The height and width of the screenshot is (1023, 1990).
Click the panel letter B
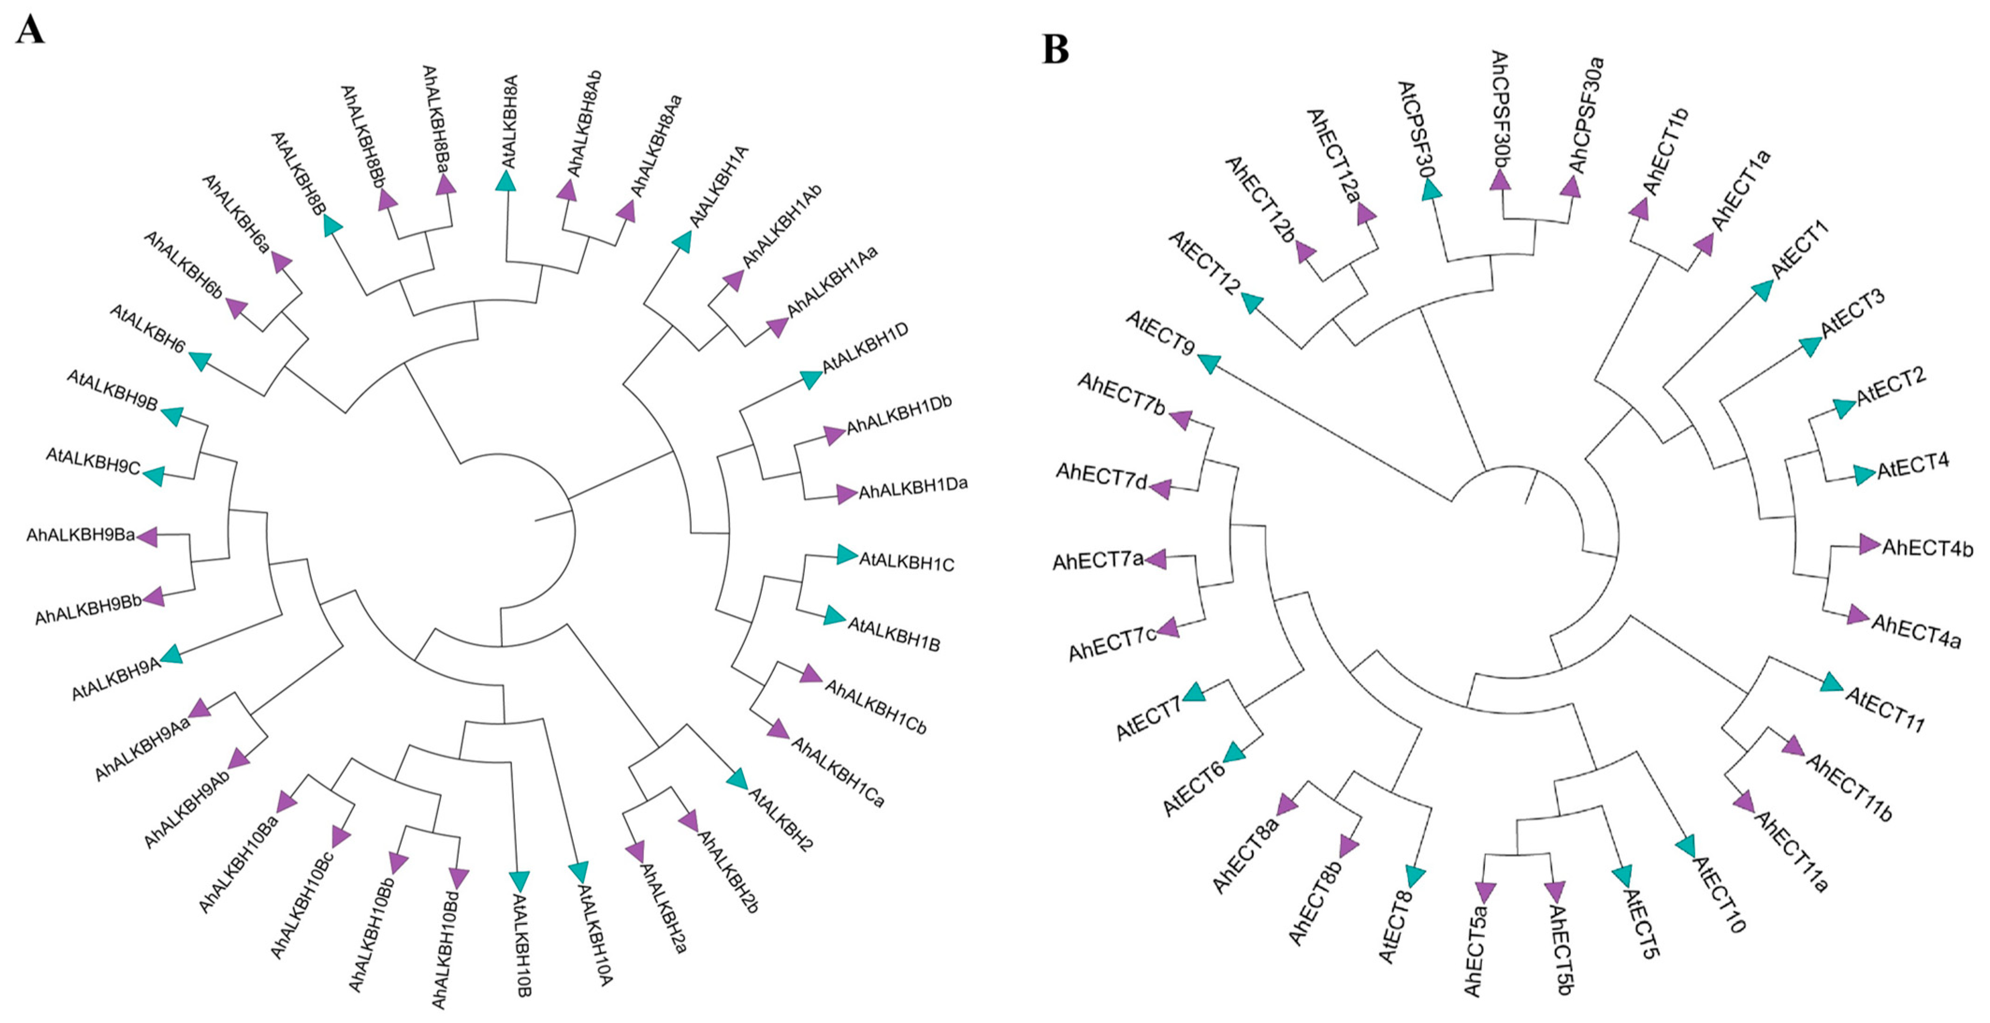click(x=1055, y=50)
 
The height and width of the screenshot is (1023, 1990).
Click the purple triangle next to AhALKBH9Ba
click(x=147, y=536)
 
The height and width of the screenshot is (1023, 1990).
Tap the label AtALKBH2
click(x=780, y=819)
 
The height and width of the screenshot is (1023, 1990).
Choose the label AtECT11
click(x=1885, y=709)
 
